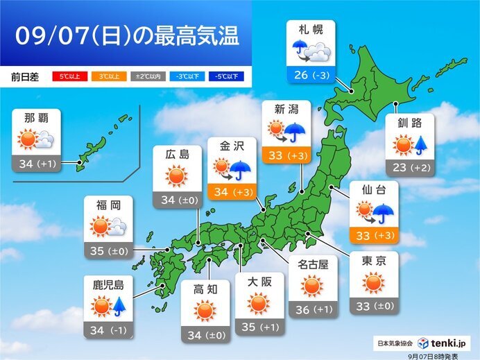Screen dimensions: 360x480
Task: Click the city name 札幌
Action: tap(311, 31)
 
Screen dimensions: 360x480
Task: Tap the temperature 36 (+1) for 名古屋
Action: tap(311, 310)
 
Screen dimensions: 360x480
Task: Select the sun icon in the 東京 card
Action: tap(373, 283)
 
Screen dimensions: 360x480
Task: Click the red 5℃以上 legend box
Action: tap(66, 76)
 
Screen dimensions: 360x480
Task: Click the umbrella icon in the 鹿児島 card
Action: tap(121, 306)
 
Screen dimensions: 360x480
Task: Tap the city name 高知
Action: tap(205, 289)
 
